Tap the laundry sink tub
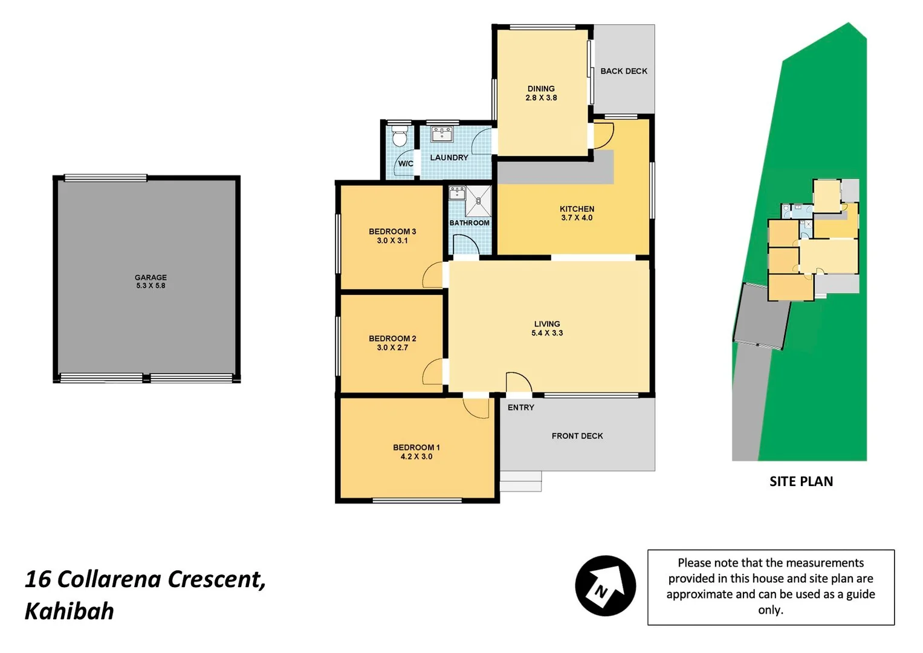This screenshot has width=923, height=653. (x=442, y=134)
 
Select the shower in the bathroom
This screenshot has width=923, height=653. (x=479, y=201)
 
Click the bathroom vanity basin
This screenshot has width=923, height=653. (x=457, y=193)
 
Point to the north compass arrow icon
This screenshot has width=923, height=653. (x=605, y=585)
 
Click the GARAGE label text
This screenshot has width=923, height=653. (x=151, y=278)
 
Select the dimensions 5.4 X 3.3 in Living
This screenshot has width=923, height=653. (x=547, y=333)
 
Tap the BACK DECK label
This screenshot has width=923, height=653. (x=624, y=71)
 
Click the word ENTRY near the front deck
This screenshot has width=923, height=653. (x=520, y=408)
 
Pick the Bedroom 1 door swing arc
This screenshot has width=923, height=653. (x=476, y=408)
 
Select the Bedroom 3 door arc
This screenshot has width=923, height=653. (x=432, y=276)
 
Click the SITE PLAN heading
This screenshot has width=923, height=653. (x=801, y=481)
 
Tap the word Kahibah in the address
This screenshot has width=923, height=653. (x=70, y=611)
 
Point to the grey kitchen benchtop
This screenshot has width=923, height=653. (x=555, y=172)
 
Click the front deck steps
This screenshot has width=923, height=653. (x=520, y=481)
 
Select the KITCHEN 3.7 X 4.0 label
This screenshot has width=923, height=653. (x=577, y=213)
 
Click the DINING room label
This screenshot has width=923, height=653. (x=541, y=89)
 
